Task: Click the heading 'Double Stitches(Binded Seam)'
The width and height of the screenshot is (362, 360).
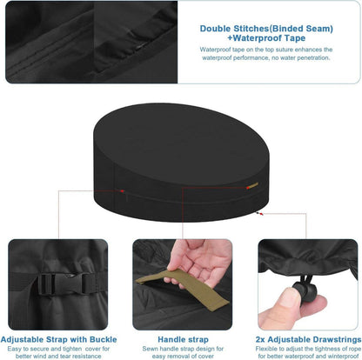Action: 266,29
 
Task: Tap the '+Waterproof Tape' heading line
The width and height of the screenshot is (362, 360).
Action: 266,38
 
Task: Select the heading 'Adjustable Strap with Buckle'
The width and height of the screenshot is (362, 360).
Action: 58,339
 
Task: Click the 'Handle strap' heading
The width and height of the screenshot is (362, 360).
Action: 183,339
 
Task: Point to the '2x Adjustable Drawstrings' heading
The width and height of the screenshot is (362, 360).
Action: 309,339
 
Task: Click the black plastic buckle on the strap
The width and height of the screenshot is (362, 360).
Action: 66,283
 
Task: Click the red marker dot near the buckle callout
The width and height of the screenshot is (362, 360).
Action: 123,191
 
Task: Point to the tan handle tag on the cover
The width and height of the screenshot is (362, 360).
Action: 252,185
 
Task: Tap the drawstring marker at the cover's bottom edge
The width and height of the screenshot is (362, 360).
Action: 259,214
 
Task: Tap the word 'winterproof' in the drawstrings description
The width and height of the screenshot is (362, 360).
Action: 341,356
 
